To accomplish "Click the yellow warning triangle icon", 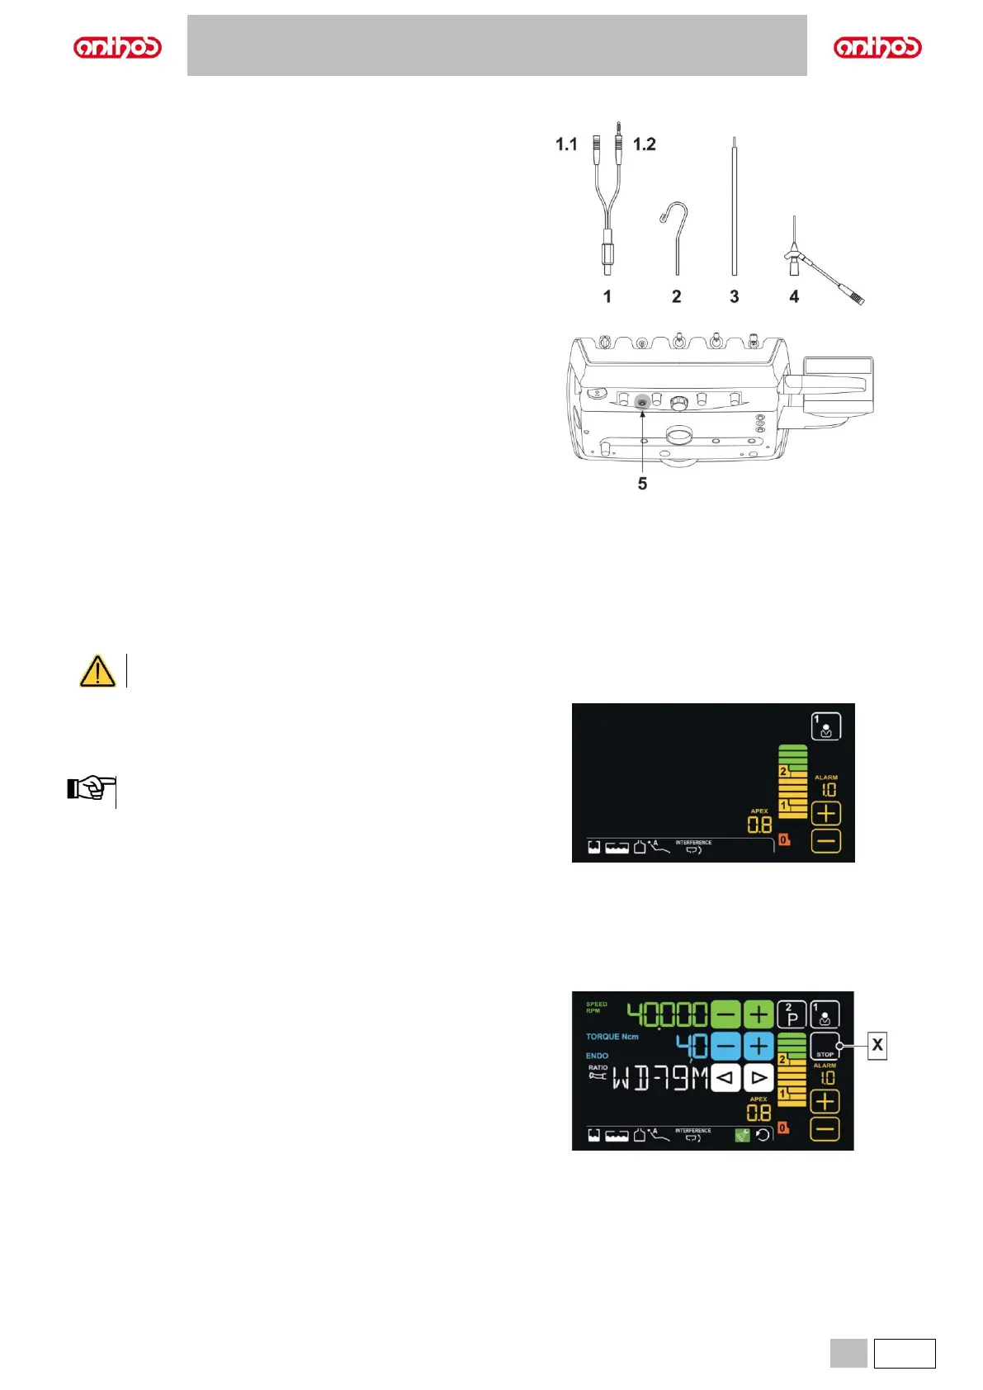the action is click(x=97, y=671).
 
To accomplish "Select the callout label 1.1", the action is click(x=566, y=144).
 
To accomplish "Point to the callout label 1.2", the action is click(x=644, y=144).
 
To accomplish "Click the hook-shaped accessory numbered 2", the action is click(x=676, y=236).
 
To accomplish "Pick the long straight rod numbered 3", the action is click(x=734, y=206).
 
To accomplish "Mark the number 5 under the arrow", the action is click(x=642, y=484).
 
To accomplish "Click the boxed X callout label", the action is click(x=877, y=1046).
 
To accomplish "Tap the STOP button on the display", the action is click(x=825, y=1046).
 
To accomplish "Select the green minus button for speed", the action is click(x=725, y=1014).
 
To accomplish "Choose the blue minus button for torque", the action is click(x=725, y=1046).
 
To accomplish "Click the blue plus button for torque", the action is click(x=759, y=1046).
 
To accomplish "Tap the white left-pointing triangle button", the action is click(x=725, y=1078).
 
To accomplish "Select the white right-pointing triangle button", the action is click(x=759, y=1078).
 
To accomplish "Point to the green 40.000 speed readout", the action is click(x=667, y=1014).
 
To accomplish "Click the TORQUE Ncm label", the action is click(x=612, y=1037).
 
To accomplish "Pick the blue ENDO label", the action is click(x=598, y=1056).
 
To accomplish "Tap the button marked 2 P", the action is click(x=792, y=1014).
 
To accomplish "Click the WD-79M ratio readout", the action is click(x=659, y=1079).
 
